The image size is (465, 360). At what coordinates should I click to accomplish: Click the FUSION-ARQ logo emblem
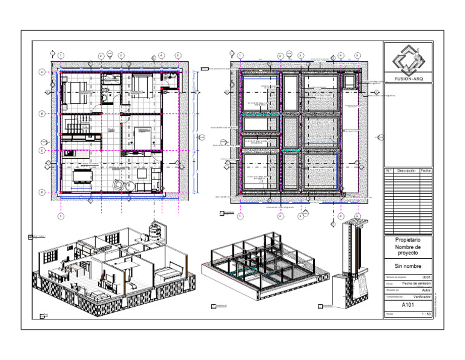[x=408, y=59]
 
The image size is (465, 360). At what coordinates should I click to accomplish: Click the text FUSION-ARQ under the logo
[x=408, y=78]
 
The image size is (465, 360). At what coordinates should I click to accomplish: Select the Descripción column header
[x=406, y=171]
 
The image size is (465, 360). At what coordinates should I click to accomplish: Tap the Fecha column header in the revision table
[x=426, y=171]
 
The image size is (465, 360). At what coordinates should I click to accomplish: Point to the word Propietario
[x=408, y=240]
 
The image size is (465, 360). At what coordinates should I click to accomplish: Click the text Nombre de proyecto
[x=408, y=250]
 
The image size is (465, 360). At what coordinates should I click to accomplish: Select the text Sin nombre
[x=408, y=265]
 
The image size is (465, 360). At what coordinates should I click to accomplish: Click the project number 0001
[x=426, y=277]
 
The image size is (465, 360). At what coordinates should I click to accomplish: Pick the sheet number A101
[x=408, y=305]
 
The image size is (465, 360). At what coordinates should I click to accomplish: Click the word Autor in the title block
[x=425, y=290]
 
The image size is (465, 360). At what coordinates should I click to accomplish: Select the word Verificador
[x=422, y=297]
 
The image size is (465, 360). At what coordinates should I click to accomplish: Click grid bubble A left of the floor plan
[x=41, y=72]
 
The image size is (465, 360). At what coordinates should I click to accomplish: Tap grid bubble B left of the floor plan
[x=41, y=114]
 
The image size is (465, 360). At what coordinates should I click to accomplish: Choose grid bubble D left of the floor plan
[x=41, y=193]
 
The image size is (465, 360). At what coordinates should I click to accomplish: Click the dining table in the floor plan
[x=81, y=176]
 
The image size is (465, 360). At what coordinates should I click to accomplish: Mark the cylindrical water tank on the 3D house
[x=155, y=230]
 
